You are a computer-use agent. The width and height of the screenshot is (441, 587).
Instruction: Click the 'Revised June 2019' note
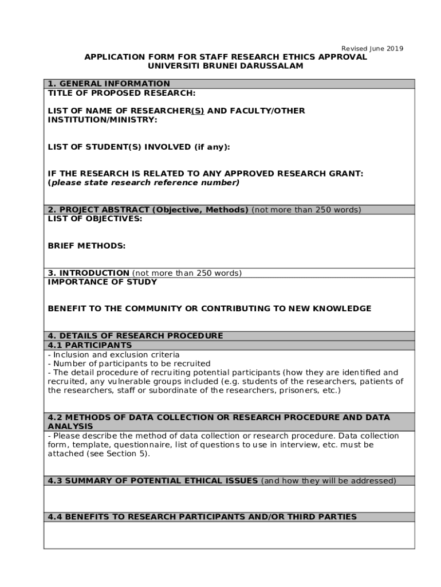(x=372, y=49)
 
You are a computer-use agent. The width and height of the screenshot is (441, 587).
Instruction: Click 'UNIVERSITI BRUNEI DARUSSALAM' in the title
(x=226, y=66)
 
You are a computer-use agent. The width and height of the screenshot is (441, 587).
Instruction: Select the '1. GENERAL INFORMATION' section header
(x=109, y=84)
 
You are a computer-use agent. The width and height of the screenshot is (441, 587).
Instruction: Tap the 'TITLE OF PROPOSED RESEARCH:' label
(x=121, y=93)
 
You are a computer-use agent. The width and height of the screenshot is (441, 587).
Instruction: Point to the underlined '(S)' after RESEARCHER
(x=197, y=111)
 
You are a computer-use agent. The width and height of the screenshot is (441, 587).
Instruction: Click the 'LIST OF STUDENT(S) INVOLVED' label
(x=139, y=147)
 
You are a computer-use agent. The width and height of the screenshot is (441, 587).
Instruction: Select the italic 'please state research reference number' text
(x=144, y=183)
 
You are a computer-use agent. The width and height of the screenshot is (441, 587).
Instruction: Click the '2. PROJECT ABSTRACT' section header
(x=148, y=210)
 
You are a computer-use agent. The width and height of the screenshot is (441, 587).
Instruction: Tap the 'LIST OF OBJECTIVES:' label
(x=94, y=218)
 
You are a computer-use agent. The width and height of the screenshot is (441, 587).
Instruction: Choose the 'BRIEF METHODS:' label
(x=86, y=246)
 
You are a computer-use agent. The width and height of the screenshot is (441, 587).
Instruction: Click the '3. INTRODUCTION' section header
(x=89, y=273)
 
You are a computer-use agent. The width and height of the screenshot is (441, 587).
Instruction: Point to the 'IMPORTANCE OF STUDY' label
(x=102, y=282)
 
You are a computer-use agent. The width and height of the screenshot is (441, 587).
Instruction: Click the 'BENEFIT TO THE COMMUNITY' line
(x=209, y=308)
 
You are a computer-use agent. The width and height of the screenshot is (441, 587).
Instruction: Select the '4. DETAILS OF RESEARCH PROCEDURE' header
(x=135, y=336)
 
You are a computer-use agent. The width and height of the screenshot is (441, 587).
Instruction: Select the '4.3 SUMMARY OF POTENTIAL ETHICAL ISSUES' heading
(x=153, y=481)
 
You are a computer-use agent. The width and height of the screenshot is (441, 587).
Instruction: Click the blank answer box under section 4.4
(x=229, y=535)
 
